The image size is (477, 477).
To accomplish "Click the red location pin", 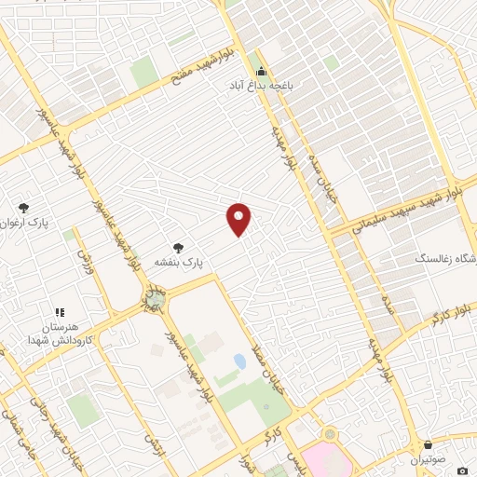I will [239, 219].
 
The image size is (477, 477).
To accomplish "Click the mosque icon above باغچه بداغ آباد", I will [262, 71].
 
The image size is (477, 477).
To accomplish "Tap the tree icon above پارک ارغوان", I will [23, 209].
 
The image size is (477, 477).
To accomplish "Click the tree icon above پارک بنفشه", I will [178, 248].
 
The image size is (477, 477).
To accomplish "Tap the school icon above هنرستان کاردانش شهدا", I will [59, 313].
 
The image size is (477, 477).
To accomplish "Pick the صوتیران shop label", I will [428, 460].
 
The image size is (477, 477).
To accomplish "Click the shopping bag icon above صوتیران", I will [428, 445].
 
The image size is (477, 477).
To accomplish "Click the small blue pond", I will [240, 361].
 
